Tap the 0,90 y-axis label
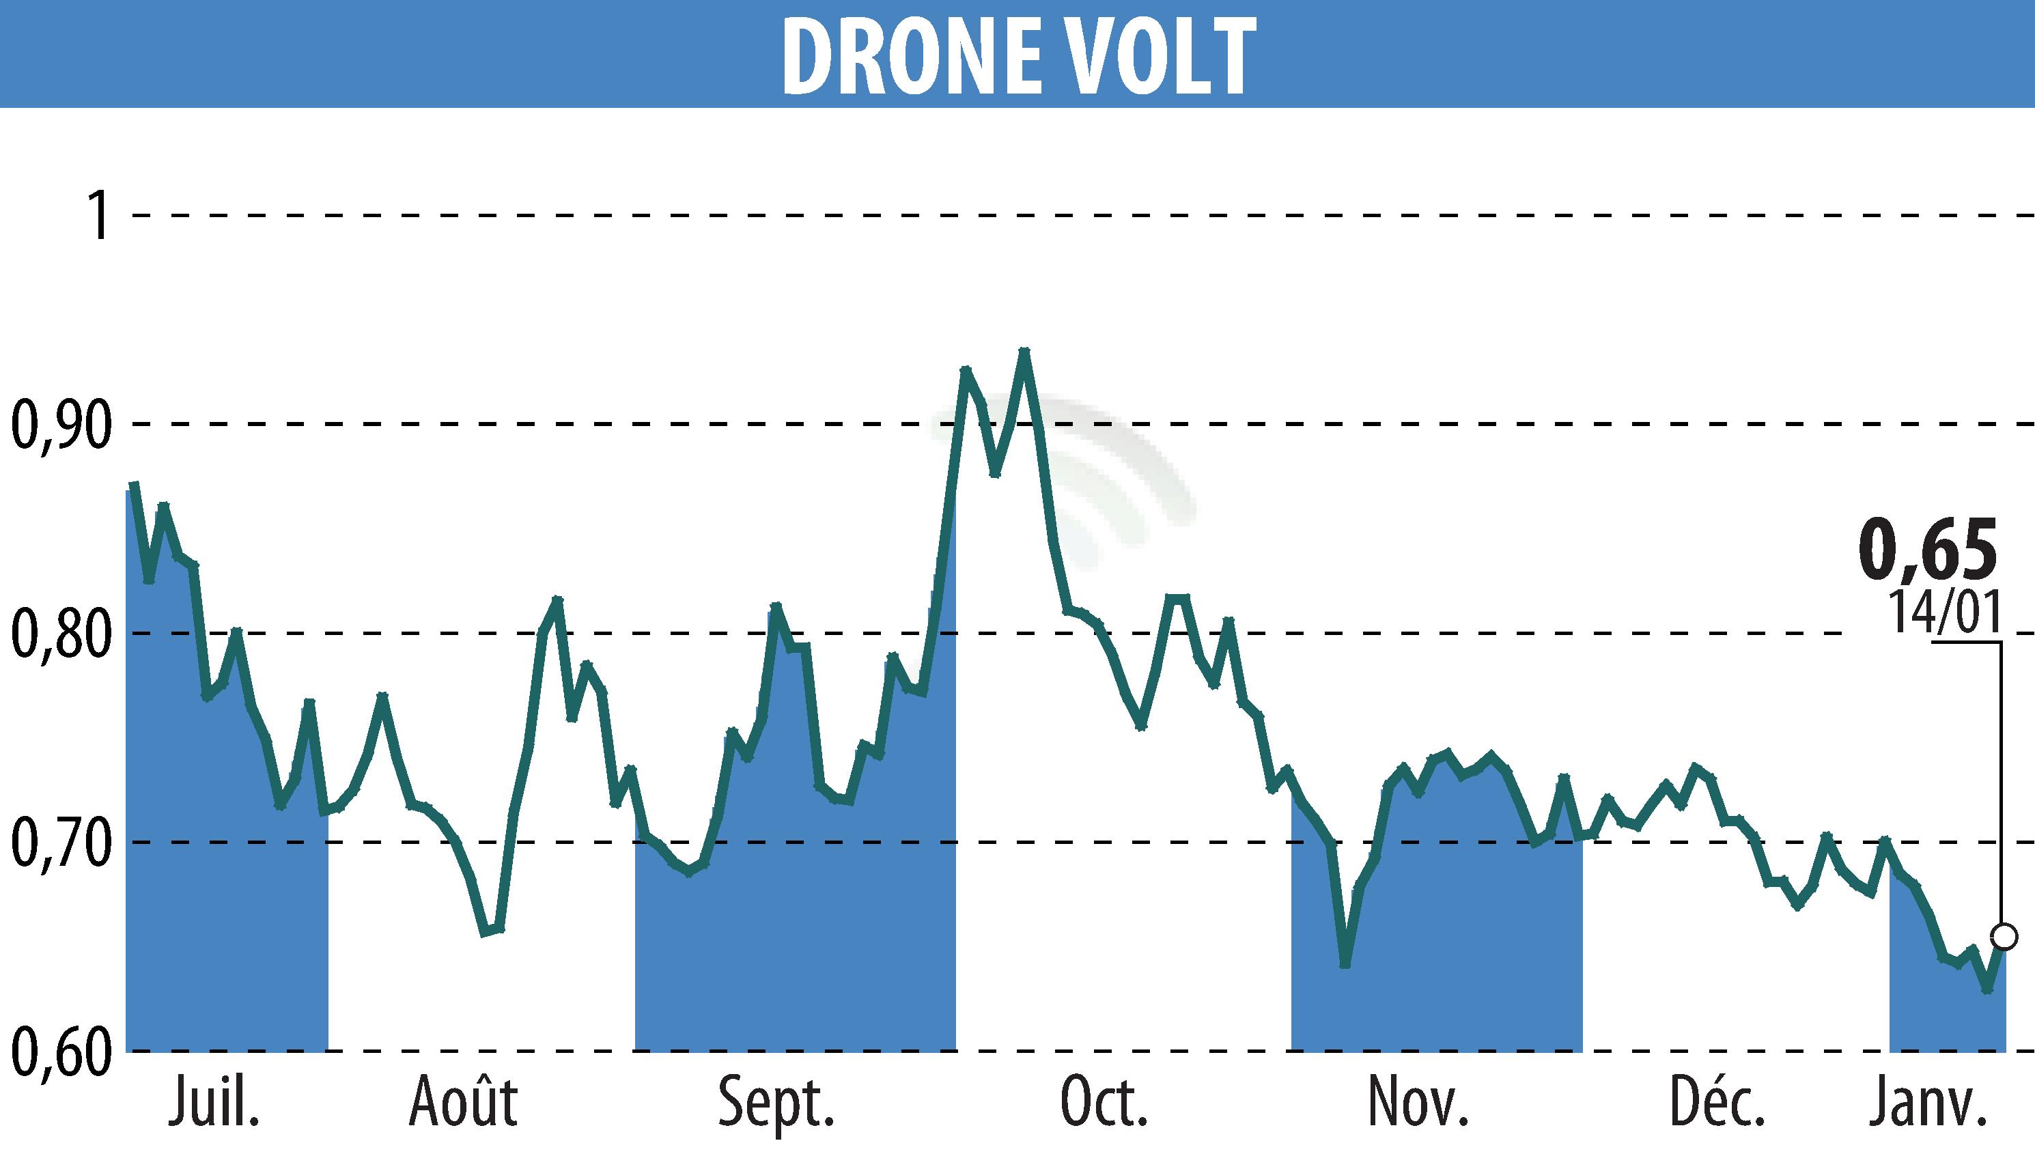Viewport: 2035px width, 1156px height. click(x=60, y=425)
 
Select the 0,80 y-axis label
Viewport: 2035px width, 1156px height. click(x=60, y=634)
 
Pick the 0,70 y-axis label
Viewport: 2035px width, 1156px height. click(x=60, y=843)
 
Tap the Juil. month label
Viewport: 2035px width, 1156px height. click(x=214, y=1102)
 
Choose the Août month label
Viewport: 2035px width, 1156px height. click(x=463, y=1102)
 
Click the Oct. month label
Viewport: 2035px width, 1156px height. click(x=1104, y=1102)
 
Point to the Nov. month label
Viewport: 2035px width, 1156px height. click(x=1417, y=1102)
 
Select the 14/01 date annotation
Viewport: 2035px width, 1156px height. click(x=1943, y=611)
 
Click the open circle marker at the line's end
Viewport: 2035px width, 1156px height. click(x=2004, y=937)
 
